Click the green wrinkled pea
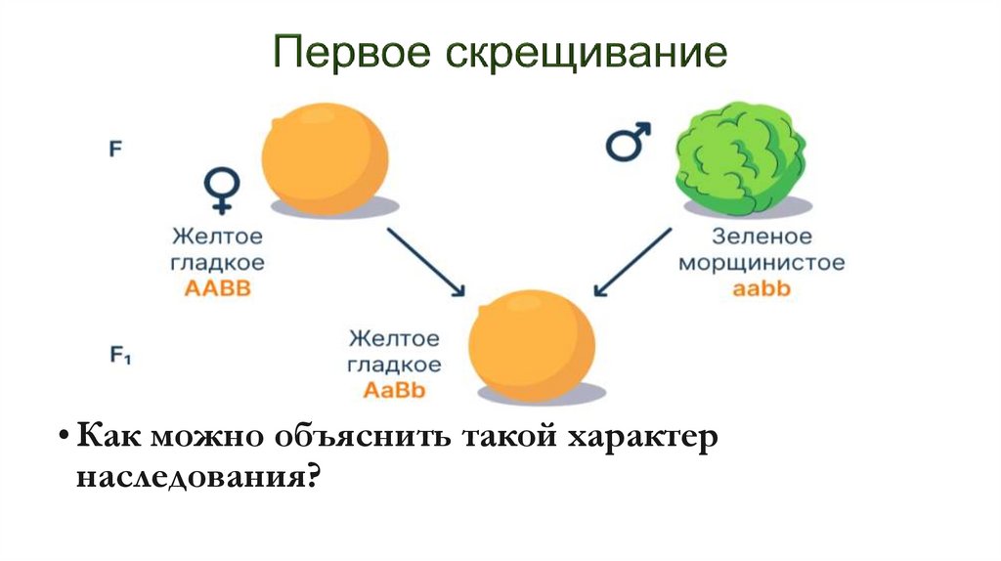(x=742, y=160)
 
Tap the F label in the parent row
(x=115, y=151)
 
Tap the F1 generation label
(x=120, y=357)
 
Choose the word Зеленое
(x=762, y=237)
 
